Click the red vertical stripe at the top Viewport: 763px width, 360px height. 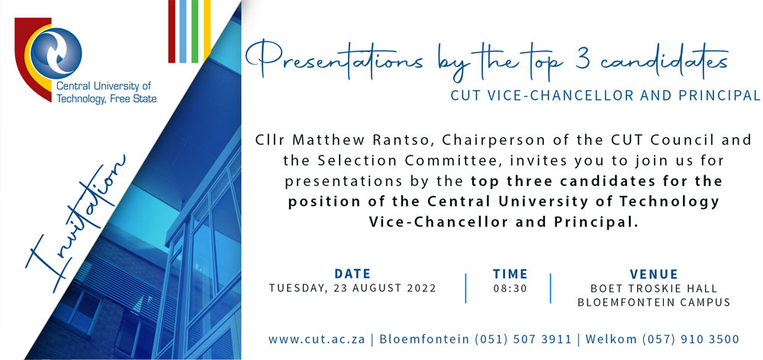pos(172,31)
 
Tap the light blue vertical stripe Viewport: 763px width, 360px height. pos(183,31)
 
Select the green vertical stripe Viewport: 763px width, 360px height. pos(195,31)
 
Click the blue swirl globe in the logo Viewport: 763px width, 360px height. pos(56,53)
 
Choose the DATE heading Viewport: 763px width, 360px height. pos(353,273)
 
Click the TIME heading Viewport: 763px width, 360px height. pos(510,273)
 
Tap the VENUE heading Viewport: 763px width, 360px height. pos(654,273)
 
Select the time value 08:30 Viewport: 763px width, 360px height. pos(510,288)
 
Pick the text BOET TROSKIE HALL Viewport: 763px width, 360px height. pos(654,288)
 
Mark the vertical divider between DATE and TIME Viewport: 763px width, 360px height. pos(465,288)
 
